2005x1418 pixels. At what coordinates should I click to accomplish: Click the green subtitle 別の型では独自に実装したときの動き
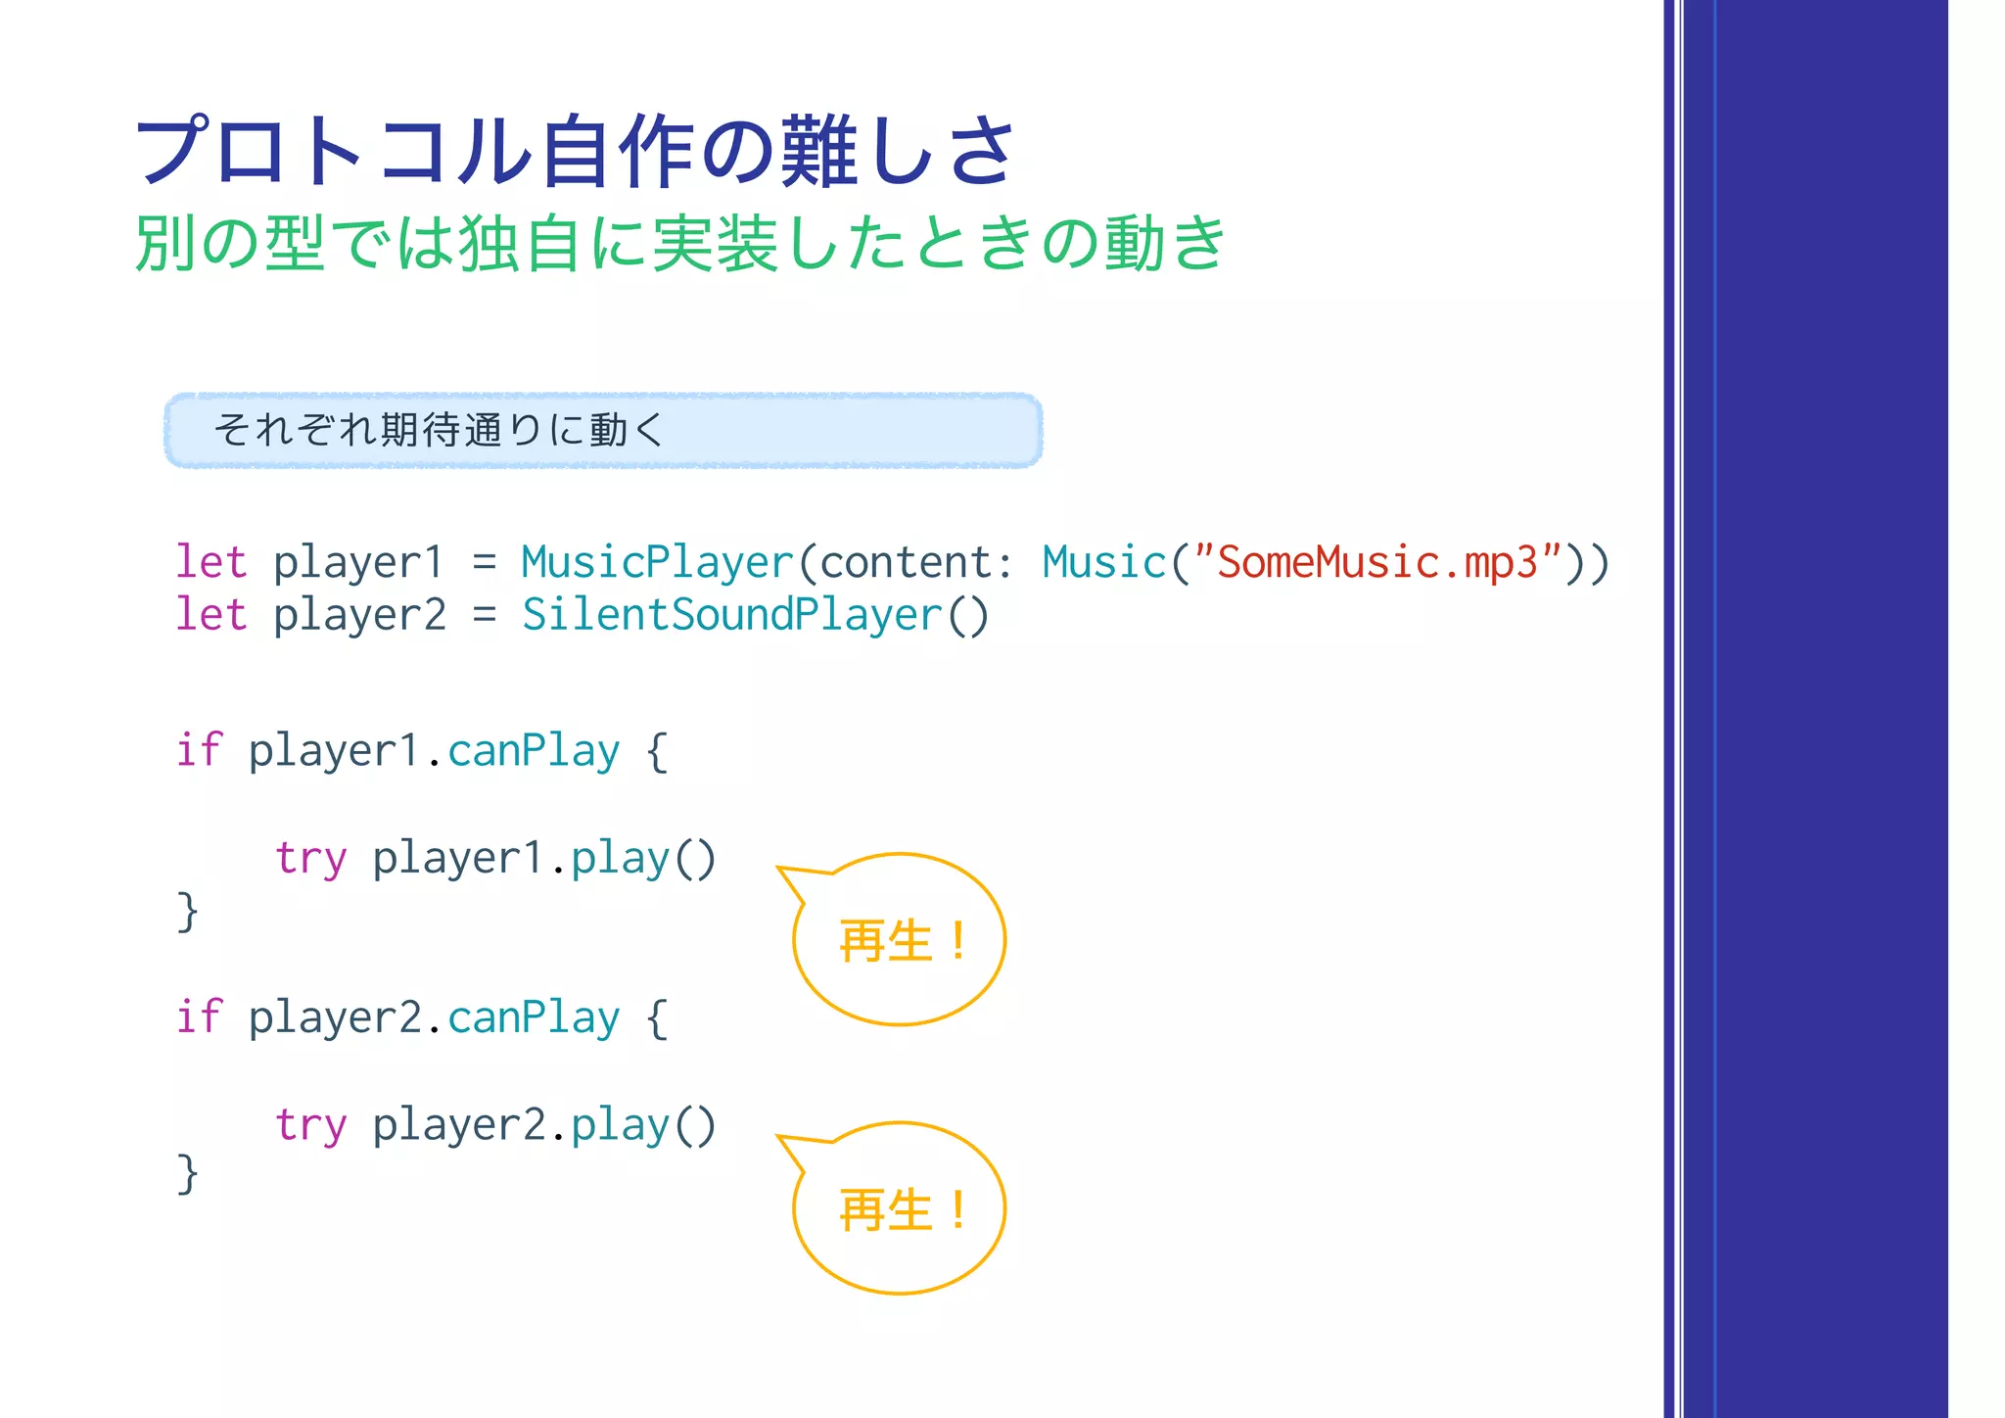[x=679, y=243]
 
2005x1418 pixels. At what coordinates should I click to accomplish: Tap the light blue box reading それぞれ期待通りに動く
[x=603, y=430]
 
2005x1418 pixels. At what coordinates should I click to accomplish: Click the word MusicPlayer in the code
[x=657, y=562]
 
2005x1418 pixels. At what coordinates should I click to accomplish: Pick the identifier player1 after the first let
[x=358, y=562]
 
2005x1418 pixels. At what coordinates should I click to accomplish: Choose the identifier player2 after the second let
[x=358, y=615]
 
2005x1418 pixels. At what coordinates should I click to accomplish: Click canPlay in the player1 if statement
[x=534, y=751]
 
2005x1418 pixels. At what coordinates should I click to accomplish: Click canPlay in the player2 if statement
[x=534, y=1017]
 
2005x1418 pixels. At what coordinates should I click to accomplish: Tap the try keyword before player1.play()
[x=310, y=859]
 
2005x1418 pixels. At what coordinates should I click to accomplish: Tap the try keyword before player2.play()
[x=310, y=1125]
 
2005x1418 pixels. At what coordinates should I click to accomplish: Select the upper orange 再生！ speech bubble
[x=900, y=940]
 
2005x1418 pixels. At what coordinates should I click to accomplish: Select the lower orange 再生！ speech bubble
[x=900, y=1208]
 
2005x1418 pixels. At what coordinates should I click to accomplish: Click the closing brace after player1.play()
[x=187, y=912]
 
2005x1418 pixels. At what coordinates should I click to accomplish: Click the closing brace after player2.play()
[x=187, y=1173]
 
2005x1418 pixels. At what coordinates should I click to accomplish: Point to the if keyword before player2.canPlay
[x=199, y=1017]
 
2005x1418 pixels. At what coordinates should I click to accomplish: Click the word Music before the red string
[x=1104, y=562]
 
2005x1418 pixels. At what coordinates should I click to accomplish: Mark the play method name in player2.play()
[x=620, y=1125]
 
